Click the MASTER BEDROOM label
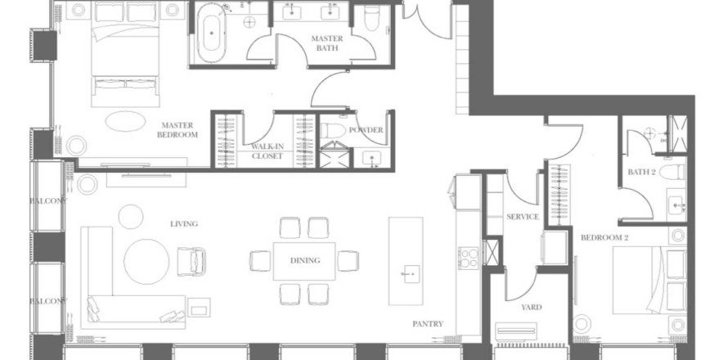click(x=178, y=130)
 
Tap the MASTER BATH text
click(x=327, y=43)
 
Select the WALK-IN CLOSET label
click(x=267, y=151)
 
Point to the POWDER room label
click(x=366, y=130)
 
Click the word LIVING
click(x=184, y=224)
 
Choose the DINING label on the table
click(x=305, y=261)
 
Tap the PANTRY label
click(x=428, y=324)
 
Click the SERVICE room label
click(x=523, y=217)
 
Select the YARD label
click(x=531, y=307)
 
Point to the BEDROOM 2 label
click(x=604, y=237)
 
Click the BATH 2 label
click(x=641, y=172)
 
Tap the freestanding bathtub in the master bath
click(x=212, y=33)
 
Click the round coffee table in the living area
click(x=146, y=262)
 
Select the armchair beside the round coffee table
click(x=191, y=262)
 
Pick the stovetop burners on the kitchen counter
click(x=469, y=259)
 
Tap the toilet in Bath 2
click(x=672, y=172)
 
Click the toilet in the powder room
click(x=333, y=131)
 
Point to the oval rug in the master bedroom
click(x=125, y=121)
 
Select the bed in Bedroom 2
click(x=649, y=280)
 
